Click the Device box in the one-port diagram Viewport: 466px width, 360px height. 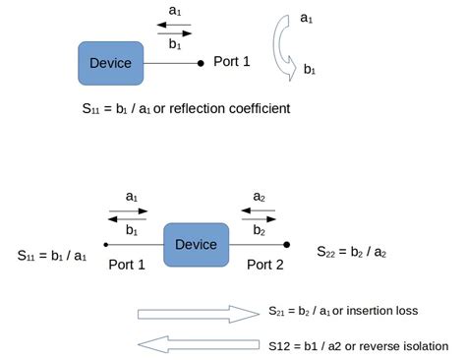click(x=110, y=63)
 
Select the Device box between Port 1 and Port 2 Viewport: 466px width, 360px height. click(x=196, y=243)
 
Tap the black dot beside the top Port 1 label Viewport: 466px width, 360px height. click(x=202, y=63)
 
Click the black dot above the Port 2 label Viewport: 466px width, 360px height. click(x=286, y=244)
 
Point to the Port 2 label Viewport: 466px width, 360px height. click(x=265, y=264)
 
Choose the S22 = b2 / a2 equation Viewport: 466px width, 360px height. click(x=351, y=253)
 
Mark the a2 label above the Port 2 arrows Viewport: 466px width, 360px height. click(x=259, y=197)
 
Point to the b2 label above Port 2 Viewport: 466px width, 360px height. click(x=259, y=230)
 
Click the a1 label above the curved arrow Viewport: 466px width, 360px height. click(x=306, y=18)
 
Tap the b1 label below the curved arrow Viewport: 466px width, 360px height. click(x=310, y=69)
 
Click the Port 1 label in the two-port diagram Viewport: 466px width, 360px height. click(x=127, y=264)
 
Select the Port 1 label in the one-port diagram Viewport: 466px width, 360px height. click(x=232, y=61)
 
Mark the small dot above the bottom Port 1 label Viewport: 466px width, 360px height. click(x=105, y=244)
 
